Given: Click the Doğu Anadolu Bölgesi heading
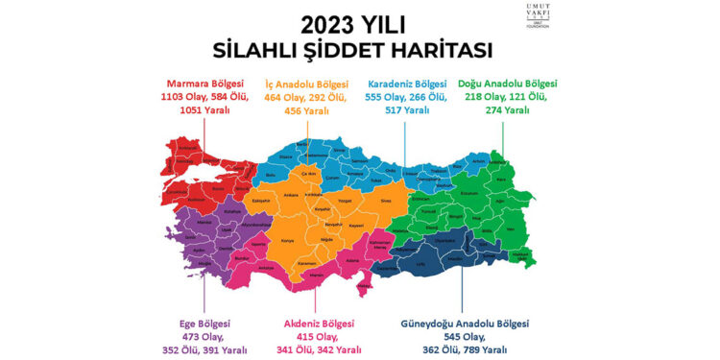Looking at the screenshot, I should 508,84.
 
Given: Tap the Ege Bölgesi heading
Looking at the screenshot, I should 204,324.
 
